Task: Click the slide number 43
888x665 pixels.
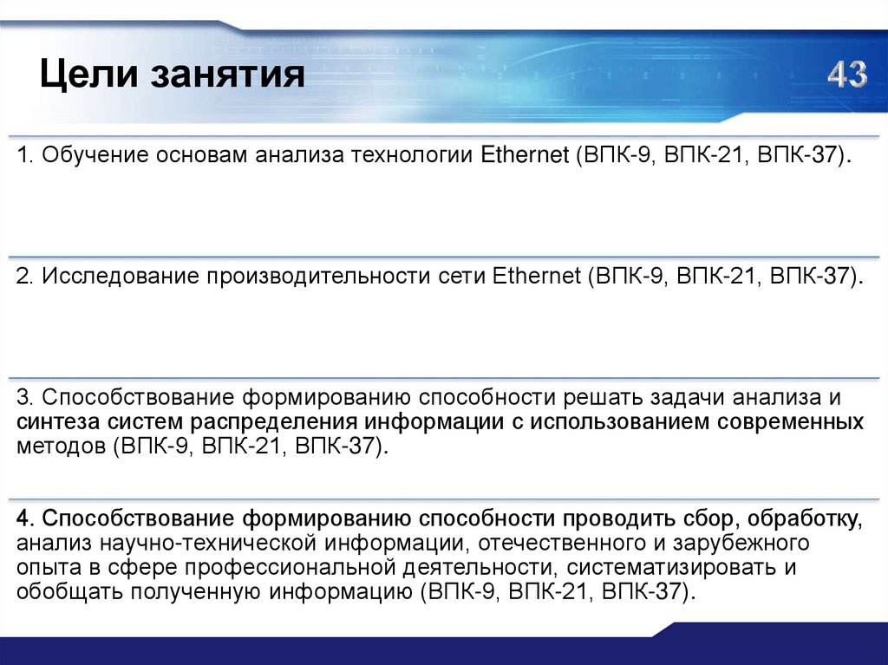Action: tap(846, 75)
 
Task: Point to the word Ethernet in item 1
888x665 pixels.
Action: tap(521, 156)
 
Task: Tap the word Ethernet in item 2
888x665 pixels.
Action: tap(536, 277)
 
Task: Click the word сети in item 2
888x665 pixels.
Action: tap(460, 277)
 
